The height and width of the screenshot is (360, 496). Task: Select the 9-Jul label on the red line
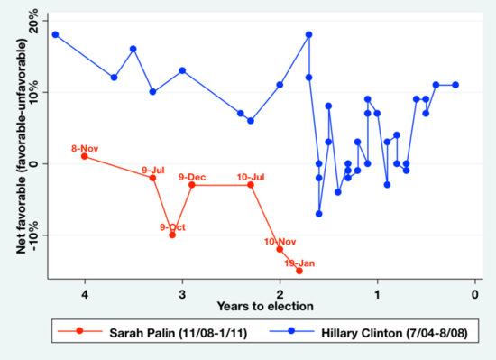coord(153,170)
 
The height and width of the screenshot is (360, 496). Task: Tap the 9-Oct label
coord(171,226)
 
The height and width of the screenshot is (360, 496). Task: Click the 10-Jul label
coord(251,176)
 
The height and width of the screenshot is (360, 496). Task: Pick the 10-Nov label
coord(280,241)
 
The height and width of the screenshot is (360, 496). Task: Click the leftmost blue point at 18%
coord(56,34)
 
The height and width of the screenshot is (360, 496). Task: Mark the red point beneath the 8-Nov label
coord(85,156)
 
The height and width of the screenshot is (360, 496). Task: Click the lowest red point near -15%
coord(299,271)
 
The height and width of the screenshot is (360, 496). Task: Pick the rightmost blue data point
coord(455,85)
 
